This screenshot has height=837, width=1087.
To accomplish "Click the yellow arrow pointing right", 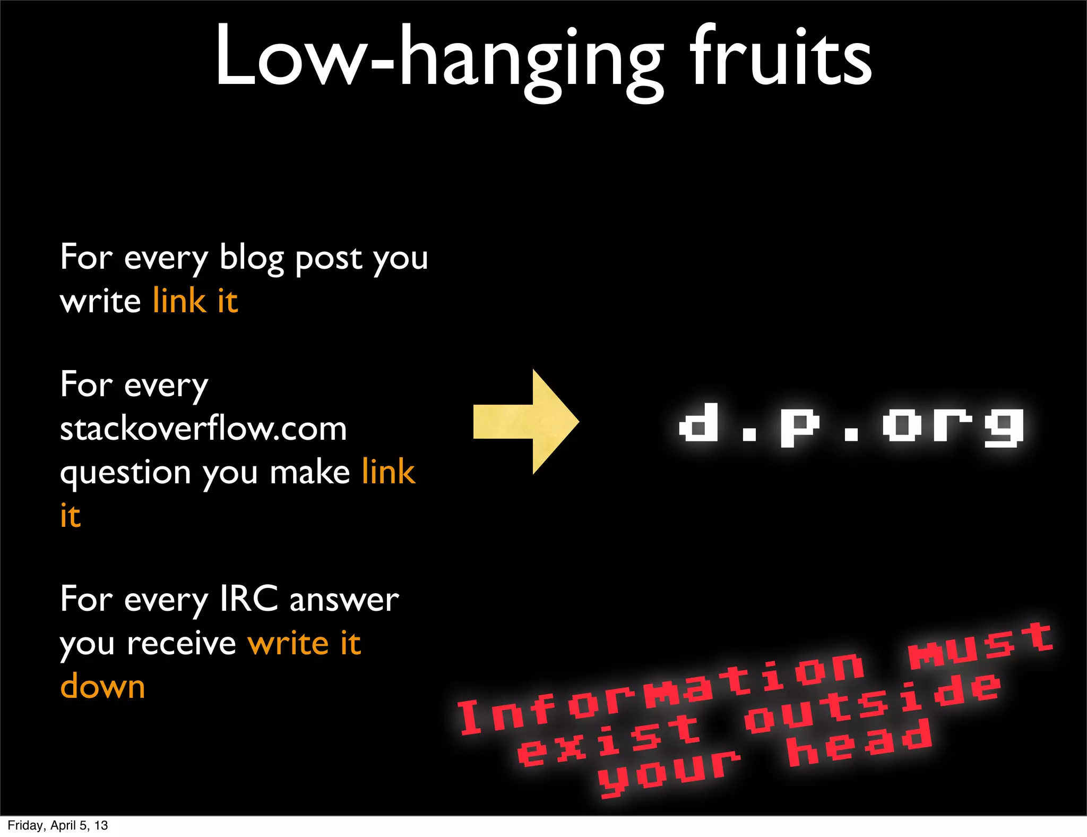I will click(x=525, y=422).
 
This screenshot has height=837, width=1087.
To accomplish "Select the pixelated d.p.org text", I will click(x=851, y=425).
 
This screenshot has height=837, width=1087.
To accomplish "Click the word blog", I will click(x=252, y=259).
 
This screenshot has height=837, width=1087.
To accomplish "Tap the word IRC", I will click(x=248, y=599).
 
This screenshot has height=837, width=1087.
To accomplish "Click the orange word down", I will click(x=102, y=686).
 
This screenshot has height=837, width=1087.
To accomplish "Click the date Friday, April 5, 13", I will click(x=58, y=825).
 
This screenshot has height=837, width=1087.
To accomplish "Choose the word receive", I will click(x=182, y=644).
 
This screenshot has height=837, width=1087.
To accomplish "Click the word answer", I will click(x=344, y=600).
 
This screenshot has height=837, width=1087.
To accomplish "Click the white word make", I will click(x=310, y=472).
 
